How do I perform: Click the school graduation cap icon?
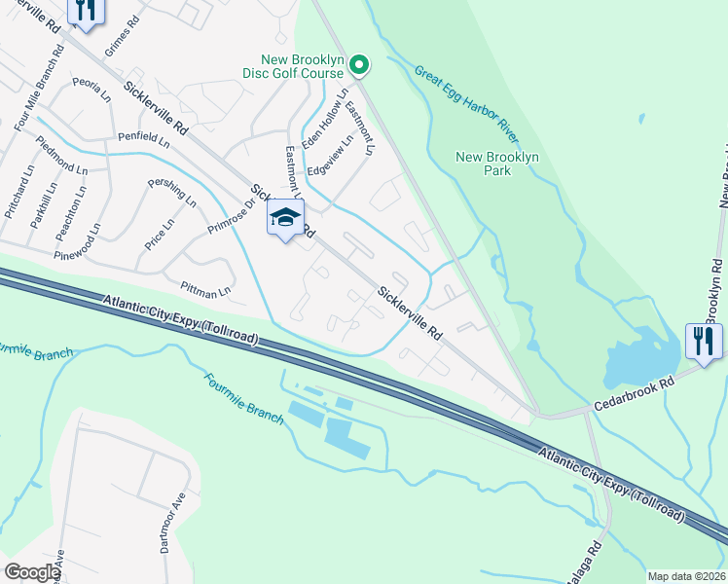(285, 218)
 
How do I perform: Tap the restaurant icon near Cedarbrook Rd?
(704, 341)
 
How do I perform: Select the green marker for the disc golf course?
(359, 65)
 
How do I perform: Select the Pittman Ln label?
(205, 290)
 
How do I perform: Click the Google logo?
(32, 572)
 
